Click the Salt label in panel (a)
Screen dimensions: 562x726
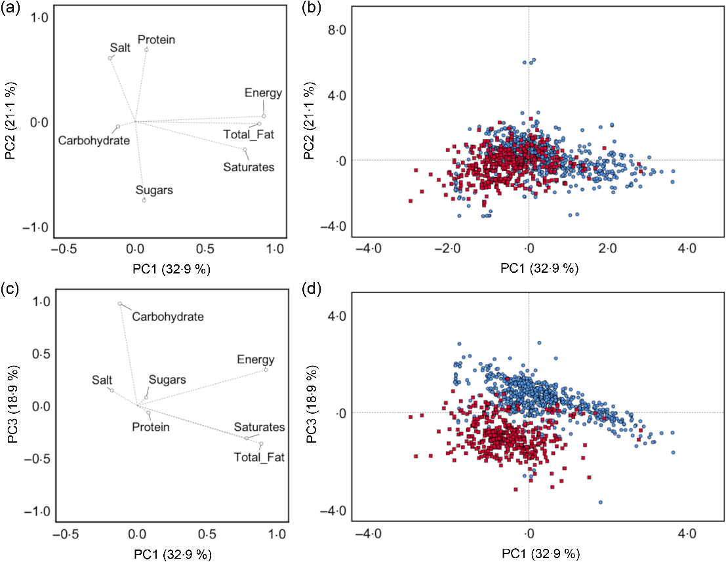[x=120, y=48]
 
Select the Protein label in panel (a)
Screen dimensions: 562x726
[x=156, y=40]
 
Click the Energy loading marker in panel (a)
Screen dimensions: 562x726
[x=264, y=116]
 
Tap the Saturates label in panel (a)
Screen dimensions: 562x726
[x=249, y=167]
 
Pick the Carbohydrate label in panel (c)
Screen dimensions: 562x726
[x=168, y=317]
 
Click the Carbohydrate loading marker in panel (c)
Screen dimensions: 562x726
[x=120, y=304]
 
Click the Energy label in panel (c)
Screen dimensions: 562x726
[x=255, y=359]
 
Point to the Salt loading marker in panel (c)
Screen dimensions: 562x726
[x=111, y=390]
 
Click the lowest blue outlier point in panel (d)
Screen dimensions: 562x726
[x=600, y=502]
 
